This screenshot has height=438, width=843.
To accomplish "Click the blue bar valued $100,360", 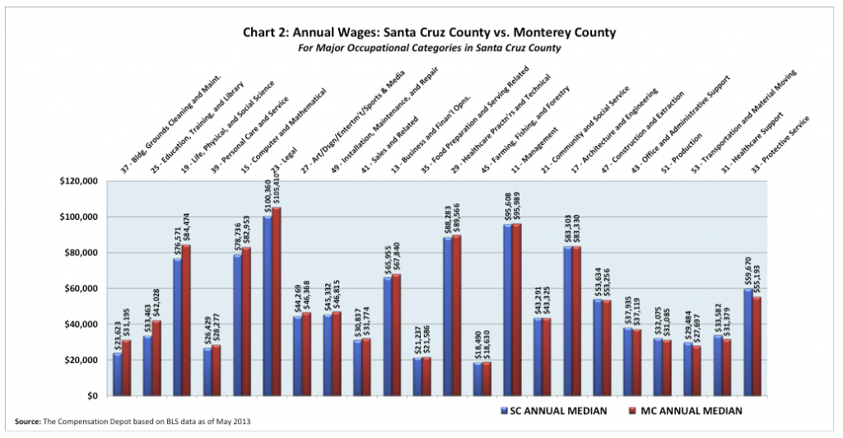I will coord(268,306).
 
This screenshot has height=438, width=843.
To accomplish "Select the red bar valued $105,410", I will coord(277,301).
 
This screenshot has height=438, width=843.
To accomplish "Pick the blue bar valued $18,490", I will coord(478,379).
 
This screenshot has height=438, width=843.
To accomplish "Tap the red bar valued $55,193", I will coord(757,346).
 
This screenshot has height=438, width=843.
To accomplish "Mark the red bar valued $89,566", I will coord(458,316).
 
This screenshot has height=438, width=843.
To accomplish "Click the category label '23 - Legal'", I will coord(287,148).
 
